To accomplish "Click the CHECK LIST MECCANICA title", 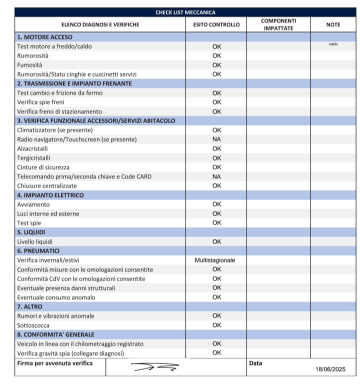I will (x=185, y=12).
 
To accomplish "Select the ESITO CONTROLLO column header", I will (x=216, y=24).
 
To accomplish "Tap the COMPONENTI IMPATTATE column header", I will (x=278, y=24).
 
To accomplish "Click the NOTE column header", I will (x=333, y=24).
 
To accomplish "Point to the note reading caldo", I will (x=333, y=44).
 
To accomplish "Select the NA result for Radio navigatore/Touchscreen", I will (x=216, y=139).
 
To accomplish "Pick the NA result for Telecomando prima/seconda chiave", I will (x=216, y=176).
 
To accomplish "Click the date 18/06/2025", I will (x=330, y=369).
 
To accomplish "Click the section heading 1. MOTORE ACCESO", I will (x=44, y=37).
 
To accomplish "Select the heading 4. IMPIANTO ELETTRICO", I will (x=50, y=195).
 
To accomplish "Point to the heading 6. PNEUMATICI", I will (x=39, y=250).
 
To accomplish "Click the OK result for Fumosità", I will (x=216, y=65).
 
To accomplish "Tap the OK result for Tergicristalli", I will (x=216, y=158).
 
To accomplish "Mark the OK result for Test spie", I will (x=216, y=222).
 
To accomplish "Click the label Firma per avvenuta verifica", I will (x=55, y=363).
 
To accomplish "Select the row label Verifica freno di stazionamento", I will (x=59, y=111).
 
